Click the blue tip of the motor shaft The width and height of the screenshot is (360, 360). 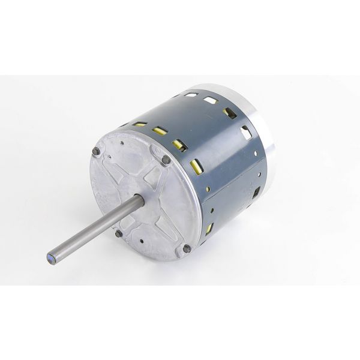coord(51,259)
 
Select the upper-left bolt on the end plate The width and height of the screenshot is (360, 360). coord(96,152)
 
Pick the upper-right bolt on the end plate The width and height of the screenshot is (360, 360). coord(166,160)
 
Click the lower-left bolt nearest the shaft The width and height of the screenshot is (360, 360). coord(119,233)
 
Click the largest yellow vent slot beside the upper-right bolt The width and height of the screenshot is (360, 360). coord(196,166)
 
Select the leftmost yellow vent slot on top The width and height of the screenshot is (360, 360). coord(140,124)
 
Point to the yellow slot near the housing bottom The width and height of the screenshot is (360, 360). coord(209,229)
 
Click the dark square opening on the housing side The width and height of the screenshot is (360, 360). coord(257,192)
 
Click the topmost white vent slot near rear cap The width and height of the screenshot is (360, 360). coord(191,95)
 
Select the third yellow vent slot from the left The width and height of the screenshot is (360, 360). coord(178,144)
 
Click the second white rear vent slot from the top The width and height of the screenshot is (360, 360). coord(211,100)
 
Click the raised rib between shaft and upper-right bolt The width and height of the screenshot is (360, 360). coord(154,180)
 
